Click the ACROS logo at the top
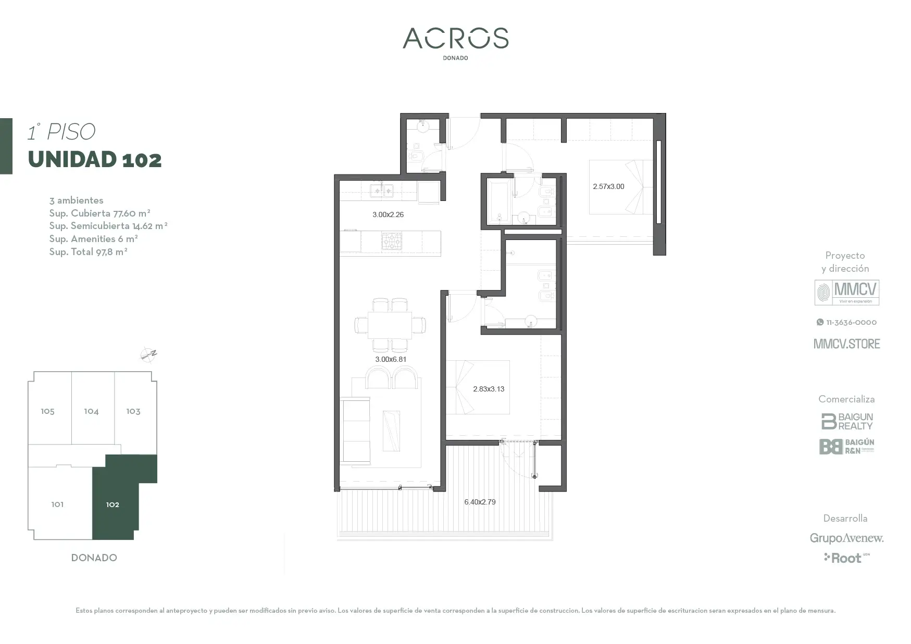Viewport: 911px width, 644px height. (x=456, y=39)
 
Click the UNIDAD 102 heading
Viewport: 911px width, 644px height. (x=95, y=159)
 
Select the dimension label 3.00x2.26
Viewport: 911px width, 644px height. (x=388, y=214)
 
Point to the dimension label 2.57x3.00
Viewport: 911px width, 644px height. (x=608, y=186)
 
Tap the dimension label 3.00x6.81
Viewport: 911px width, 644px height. (x=391, y=359)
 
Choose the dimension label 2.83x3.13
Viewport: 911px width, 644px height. (x=489, y=389)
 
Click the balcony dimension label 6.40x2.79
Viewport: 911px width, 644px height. (x=480, y=502)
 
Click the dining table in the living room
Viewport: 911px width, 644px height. (x=390, y=325)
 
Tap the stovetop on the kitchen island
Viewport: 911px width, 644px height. (x=391, y=242)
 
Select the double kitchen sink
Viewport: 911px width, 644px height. (x=382, y=191)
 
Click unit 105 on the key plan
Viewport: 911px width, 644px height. (x=47, y=411)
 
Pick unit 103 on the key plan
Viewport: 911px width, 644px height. (x=133, y=411)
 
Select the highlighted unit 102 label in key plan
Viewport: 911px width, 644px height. (x=113, y=504)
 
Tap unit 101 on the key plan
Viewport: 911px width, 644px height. (x=57, y=504)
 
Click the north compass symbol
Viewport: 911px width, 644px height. (x=149, y=355)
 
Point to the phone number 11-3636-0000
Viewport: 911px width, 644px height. (x=847, y=322)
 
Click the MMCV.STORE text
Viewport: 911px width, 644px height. (x=847, y=344)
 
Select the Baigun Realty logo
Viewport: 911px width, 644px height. (x=847, y=421)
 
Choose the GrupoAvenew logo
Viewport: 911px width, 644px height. (x=846, y=538)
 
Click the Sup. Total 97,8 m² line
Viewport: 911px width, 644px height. (x=89, y=252)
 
